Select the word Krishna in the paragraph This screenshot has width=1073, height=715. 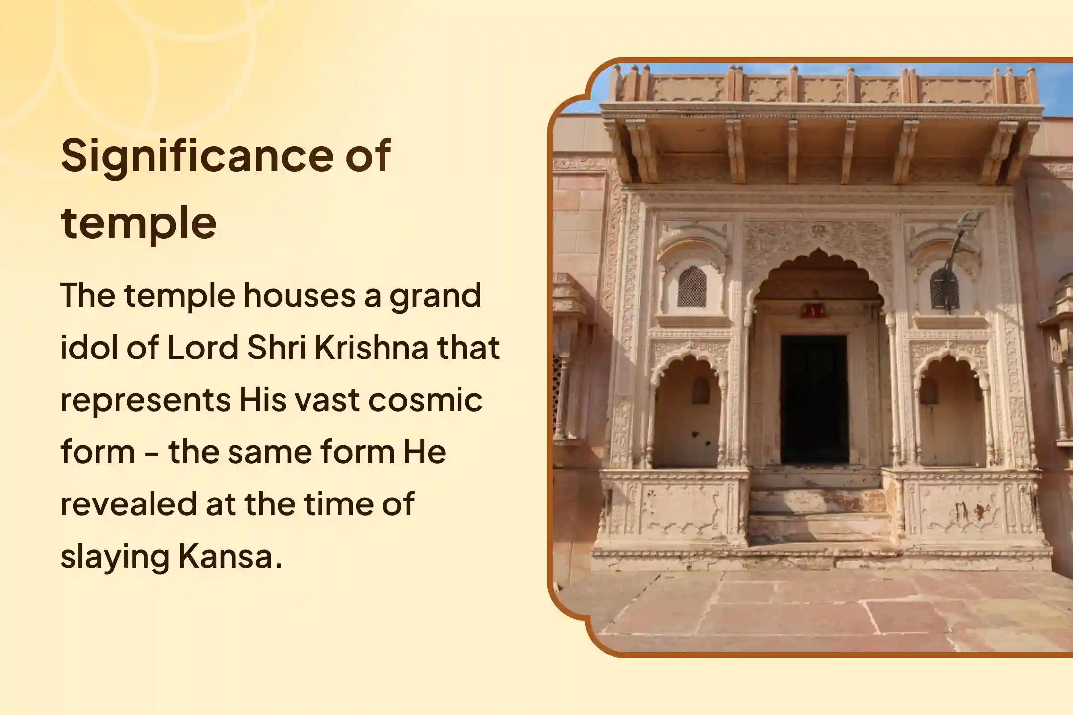372,348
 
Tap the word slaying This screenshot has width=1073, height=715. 115,558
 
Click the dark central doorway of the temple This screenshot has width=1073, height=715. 814,399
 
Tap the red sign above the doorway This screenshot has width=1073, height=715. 813,311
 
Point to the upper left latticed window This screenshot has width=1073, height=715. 691,286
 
